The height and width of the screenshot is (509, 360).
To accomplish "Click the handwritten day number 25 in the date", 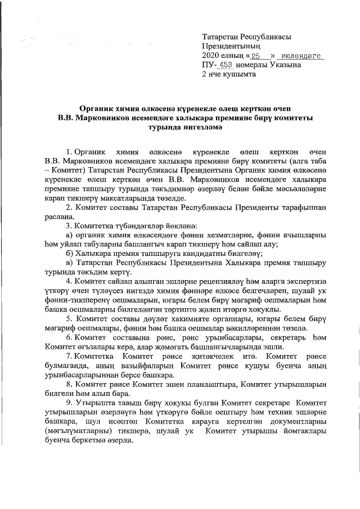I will (256, 56).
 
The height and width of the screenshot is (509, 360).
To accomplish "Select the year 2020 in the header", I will (211, 56).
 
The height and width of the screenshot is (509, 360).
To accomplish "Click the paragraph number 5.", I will (69, 318).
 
